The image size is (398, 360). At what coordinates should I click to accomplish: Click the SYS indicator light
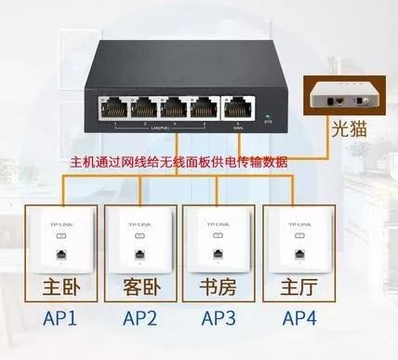point(267,113)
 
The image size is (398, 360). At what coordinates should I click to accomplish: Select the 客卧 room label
point(138,283)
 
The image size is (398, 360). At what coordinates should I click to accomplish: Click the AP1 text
point(60,318)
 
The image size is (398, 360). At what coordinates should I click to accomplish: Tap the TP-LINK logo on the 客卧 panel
point(138,224)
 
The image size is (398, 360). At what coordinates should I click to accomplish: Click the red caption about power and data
point(179,161)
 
